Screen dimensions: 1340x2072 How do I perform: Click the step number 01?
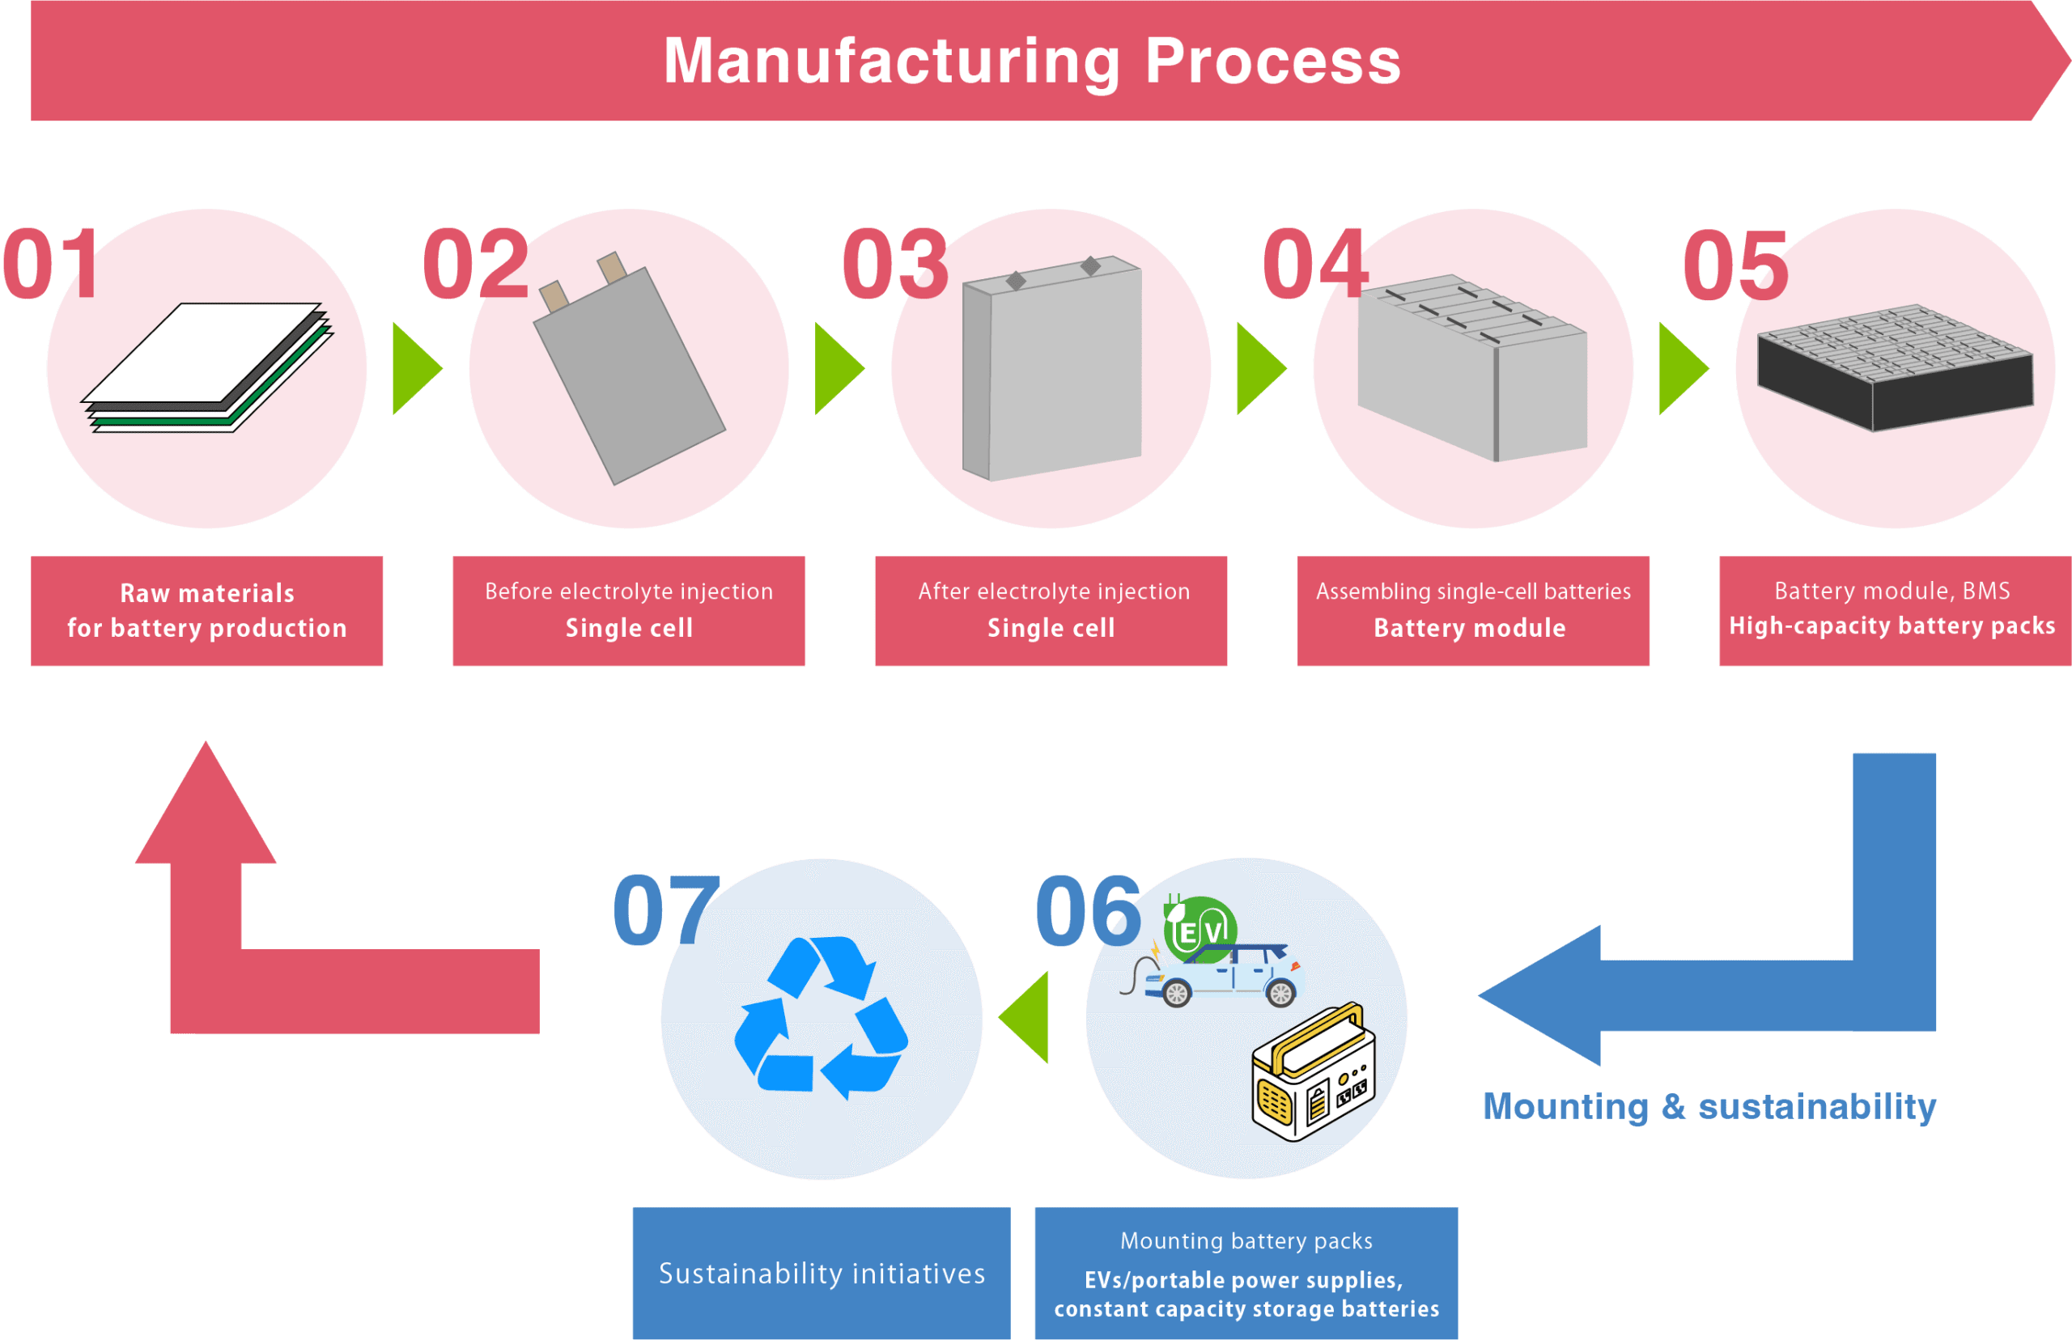[50, 263]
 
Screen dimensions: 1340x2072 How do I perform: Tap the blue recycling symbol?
[821, 1016]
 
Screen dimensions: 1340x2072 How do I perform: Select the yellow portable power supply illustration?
[1312, 1072]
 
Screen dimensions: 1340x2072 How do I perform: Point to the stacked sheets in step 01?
[207, 367]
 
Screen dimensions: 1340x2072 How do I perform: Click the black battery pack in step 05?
[1895, 367]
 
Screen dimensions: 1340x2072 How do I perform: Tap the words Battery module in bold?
[1469, 628]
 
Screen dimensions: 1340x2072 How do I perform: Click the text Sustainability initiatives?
[822, 1274]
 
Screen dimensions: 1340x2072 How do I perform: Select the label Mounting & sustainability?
[1709, 1107]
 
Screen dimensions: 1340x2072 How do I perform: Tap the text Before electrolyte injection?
[628, 592]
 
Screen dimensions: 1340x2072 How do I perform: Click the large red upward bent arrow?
[261, 957]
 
